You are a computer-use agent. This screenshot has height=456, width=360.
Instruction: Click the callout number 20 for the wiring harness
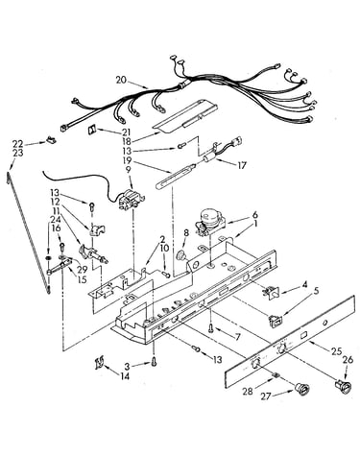point(121,80)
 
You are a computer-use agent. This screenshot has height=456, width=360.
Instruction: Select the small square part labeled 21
point(92,130)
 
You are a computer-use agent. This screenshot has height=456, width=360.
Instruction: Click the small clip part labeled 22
point(51,139)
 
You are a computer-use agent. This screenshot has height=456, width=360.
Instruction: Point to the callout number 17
point(242,165)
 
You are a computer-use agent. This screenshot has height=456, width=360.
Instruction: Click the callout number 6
point(254,215)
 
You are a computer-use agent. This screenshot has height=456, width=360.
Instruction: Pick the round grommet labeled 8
point(182,255)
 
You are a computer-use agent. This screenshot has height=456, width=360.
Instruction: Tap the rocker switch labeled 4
point(271,292)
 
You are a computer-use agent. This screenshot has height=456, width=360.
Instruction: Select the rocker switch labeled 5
point(275,321)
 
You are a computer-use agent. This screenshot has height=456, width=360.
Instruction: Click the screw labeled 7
point(211,328)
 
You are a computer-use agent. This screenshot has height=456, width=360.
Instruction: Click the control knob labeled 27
point(301,389)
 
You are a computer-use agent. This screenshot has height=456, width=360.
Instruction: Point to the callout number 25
point(337,351)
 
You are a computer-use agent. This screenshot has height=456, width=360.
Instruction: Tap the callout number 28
point(248,391)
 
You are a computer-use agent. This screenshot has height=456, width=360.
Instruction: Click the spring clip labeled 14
point(99,363)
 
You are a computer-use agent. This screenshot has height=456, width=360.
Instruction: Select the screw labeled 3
point(155,363)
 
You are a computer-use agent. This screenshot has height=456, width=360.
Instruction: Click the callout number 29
point(83,270)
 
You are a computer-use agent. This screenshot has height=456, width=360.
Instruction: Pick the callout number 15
point(82,279)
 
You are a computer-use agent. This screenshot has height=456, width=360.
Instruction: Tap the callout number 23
point(18,153)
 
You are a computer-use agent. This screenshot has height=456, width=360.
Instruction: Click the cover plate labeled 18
point(186,117)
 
